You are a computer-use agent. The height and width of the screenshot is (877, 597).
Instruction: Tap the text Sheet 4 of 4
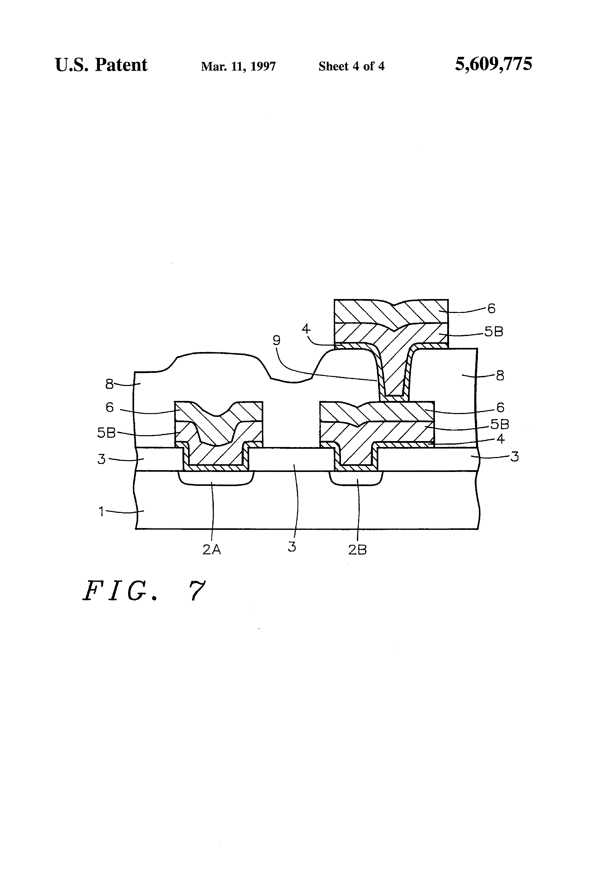click(351, 66)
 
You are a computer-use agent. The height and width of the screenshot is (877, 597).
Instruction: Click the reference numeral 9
click(277, 341)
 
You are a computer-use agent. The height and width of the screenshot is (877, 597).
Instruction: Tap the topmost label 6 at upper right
click(491, 309)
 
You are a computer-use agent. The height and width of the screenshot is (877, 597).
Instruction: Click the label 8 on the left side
click(109, 384)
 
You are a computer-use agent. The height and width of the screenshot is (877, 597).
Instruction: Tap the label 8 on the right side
click(500, 376)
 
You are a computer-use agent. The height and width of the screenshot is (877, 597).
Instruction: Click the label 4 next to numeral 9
click(306, 329)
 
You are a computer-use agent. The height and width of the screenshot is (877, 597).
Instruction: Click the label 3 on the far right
click(514, 457)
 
